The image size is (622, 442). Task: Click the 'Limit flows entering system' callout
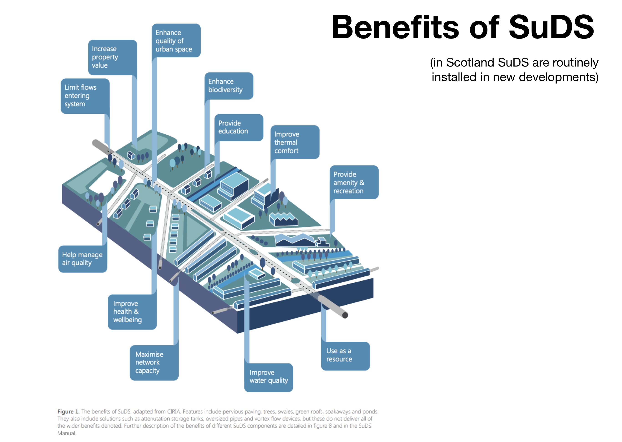(85, 96)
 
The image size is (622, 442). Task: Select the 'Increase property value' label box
(112, 57)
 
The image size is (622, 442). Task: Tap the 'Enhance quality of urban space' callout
(176, 41)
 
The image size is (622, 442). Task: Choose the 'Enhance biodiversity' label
(228, 86)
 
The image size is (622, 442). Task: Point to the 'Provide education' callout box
(239, 127)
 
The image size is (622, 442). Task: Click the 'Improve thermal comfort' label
(295, 142)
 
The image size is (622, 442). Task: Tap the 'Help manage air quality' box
(82, 259)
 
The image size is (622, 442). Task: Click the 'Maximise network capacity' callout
(154, 362)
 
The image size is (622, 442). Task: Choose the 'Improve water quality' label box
(268, 377)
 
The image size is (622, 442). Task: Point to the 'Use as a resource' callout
(345, 355)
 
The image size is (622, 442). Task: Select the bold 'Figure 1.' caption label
(68, 411)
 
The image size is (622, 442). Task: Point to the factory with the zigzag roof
(283, 219)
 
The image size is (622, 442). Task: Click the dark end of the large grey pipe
(345, 315)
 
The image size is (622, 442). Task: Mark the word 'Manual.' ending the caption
(67, 433)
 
